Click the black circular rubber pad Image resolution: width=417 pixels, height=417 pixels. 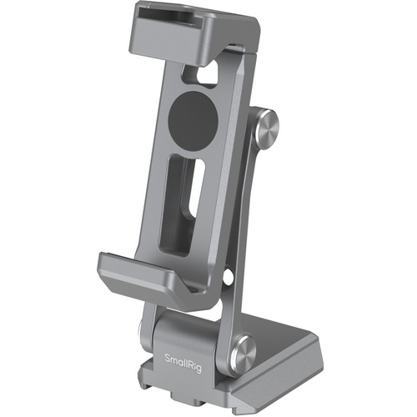193,118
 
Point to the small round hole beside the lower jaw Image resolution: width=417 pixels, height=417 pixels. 226,274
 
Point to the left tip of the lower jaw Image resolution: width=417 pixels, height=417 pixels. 102,265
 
